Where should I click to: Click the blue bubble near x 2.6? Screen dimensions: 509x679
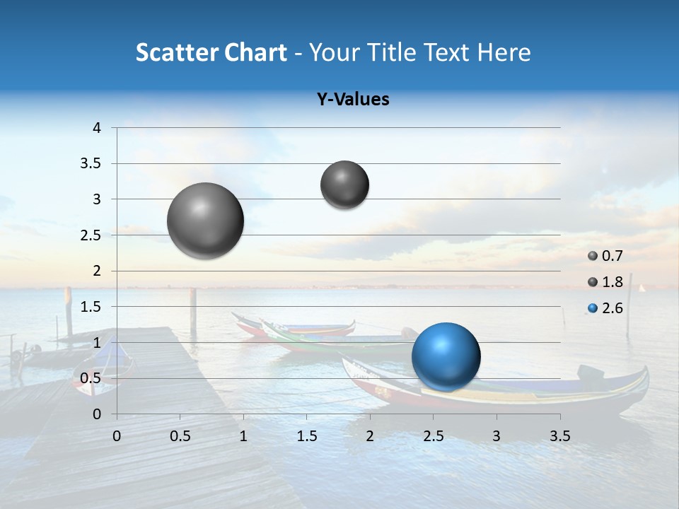[x=446, y=356]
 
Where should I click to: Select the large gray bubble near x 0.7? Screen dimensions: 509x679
[x=205, y=221]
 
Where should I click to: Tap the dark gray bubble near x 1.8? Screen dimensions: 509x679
[x=344, y=185]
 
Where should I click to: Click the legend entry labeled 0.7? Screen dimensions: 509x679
[x=611, y=256]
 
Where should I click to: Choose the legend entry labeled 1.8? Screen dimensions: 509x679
[x=611, y=282]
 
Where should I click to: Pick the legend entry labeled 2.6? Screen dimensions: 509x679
[x=611, y=308]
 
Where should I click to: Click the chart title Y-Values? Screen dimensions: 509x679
[x=353, y=100]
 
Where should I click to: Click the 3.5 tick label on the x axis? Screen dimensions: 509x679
[x=559, y=436]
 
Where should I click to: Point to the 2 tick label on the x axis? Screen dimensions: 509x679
[x=369, y=436]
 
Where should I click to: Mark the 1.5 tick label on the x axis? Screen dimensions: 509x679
[x=306, y=436]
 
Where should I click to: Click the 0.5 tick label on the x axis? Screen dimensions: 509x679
[x=180, y=436]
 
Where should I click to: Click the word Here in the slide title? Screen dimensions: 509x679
[x=504, y=52]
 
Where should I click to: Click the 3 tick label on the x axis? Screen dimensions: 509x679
[x=496, y=436]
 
